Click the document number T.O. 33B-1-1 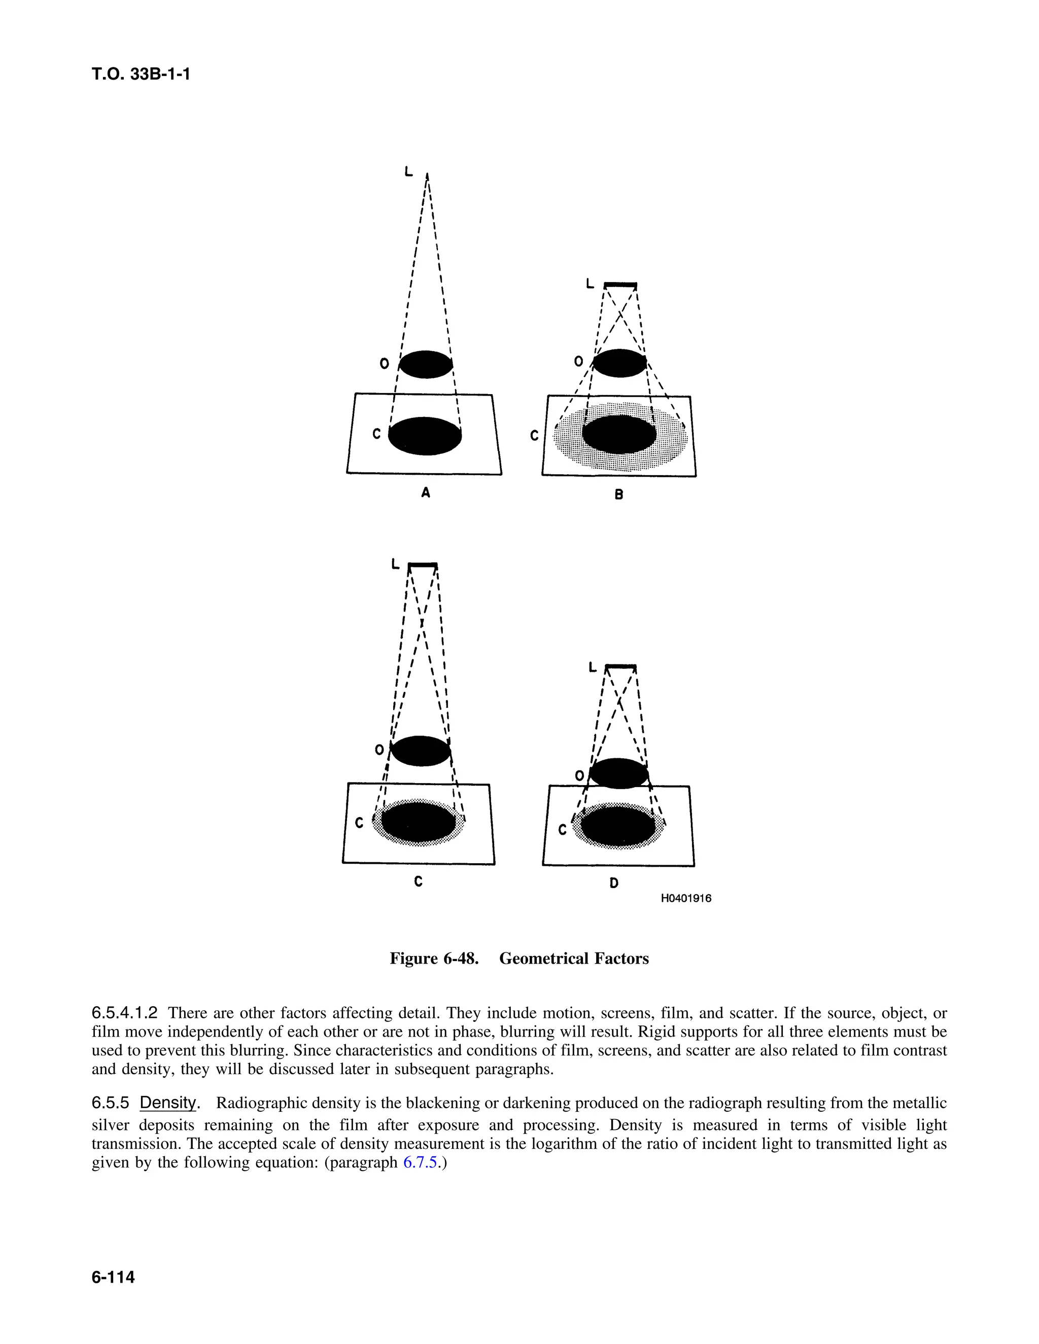click(141, 75)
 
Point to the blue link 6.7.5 click(422, 1163)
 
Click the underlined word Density click(168, 1102)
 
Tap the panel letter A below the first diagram click(425, 492)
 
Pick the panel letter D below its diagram click(614, 883)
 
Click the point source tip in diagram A click(428, 176)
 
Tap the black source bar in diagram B click(620, 285)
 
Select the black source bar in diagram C click(423, 565)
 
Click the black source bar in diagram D click(620, 666)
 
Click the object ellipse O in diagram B click(619, 363)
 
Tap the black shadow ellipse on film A click(425, 436)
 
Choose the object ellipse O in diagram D click(618, 773)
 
